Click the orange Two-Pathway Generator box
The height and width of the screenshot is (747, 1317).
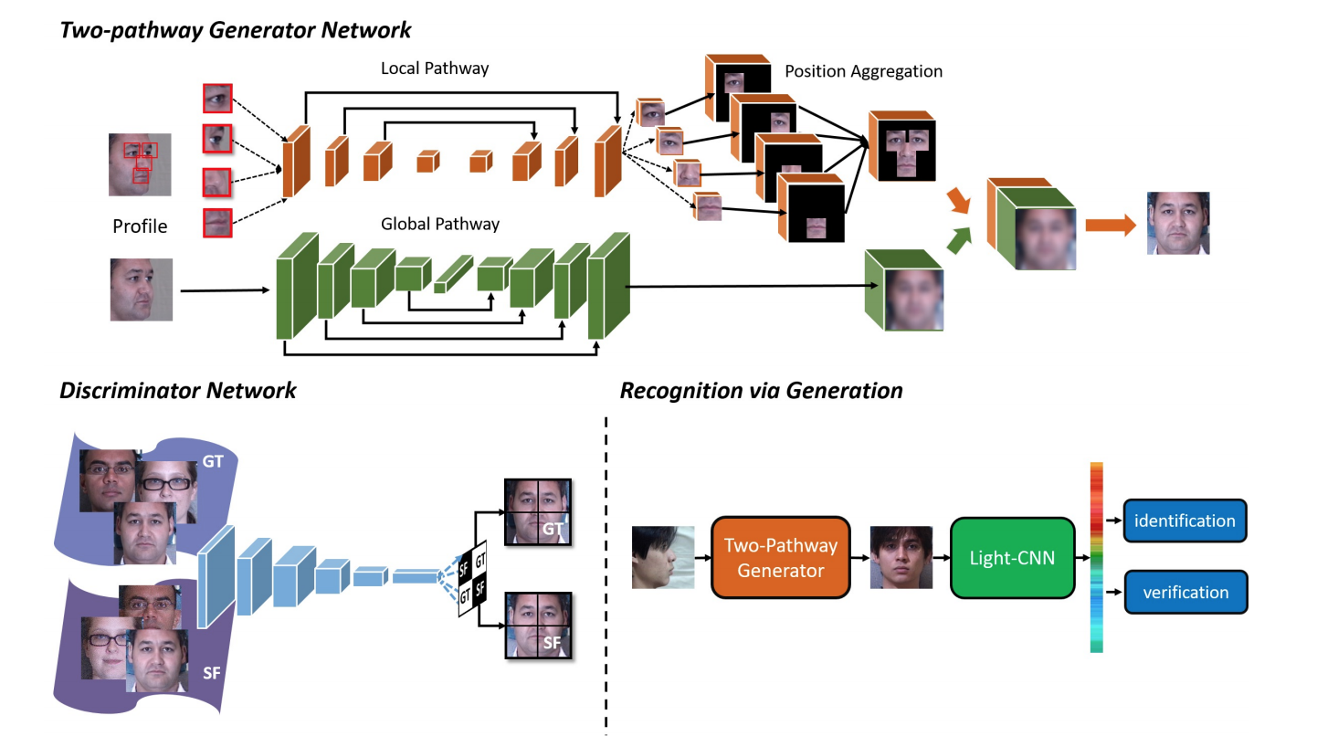click(780, 558)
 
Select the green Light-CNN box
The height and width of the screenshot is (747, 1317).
click(1013, 557)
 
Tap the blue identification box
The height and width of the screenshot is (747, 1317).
click(1185, 521)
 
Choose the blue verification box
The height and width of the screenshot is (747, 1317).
click(1185, 593)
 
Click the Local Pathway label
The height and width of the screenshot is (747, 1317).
click(434, 68)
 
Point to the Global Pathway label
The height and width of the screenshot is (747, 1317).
click(440, 224)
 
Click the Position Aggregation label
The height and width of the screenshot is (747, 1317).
click(863, 71)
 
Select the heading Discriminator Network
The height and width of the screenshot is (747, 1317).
click(178, 391)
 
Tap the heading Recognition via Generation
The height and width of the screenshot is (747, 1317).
click(761, 391)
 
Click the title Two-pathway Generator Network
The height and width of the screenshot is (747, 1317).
click(236, 30)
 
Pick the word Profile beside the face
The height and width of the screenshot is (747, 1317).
click(140, 226)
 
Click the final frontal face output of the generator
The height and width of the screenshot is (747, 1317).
click(1178, 223)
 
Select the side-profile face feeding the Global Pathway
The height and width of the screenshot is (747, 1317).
click(142, 289)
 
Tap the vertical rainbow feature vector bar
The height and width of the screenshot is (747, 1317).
click(1097, 557)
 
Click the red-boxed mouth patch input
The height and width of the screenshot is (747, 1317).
click(217, 222)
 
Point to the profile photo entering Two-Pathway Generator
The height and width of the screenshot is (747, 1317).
click(663, 556)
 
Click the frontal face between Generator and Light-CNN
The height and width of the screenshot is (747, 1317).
click(901, 557)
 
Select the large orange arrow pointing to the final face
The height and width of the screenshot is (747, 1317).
click(1108, 223)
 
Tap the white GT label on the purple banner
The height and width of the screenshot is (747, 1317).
click(213, 462)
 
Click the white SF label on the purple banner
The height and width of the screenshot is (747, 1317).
click(211, 673)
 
